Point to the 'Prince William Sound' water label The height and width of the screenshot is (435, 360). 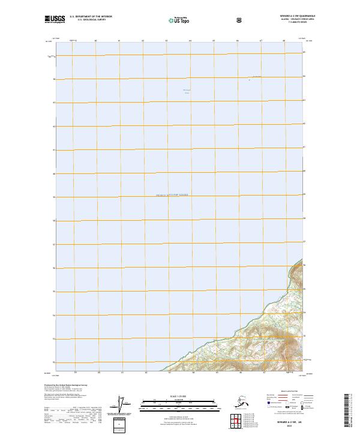[172, 195]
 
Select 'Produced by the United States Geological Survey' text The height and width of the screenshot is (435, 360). [62, 385]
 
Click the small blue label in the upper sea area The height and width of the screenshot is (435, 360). [186, 91]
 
